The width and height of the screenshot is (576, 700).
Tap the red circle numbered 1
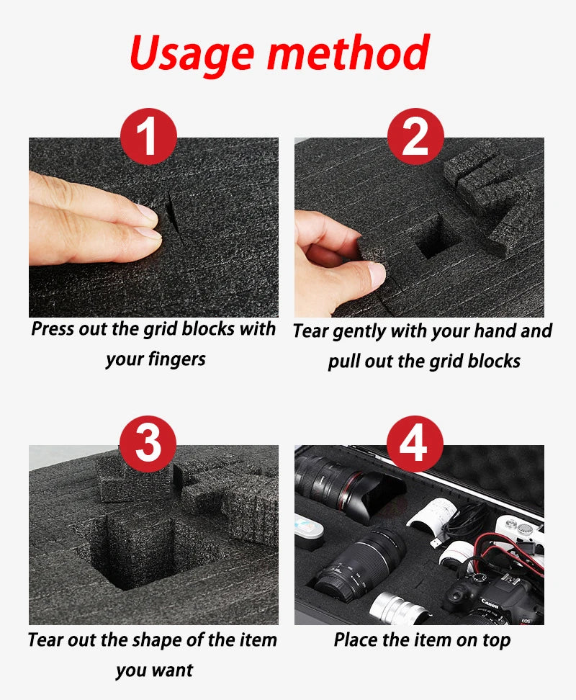click(148, 136)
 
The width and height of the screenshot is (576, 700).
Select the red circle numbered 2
click(415, 136)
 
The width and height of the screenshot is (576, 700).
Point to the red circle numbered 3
click(148, 444)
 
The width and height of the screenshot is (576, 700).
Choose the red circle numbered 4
click(415, 444)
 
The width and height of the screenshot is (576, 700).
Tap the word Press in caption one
click(53, 328)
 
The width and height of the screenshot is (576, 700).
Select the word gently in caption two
click(359, 332)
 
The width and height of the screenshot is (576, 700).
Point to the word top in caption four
click(496, 641)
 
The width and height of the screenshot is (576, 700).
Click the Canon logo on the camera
click(490, 603)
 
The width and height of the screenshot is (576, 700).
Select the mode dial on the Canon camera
click(480, 578)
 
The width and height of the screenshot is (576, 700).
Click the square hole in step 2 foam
click(433, 238)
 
